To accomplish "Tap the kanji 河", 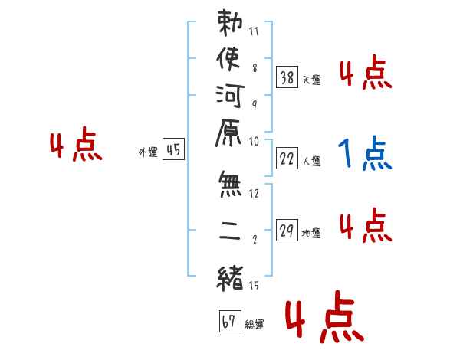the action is (x=230, y=96).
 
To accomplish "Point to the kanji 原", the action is (x=228, y=133).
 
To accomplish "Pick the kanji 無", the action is (x=230, y=185).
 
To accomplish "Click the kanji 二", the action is (x=229, y=231).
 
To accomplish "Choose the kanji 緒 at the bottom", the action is (x=230, y=279).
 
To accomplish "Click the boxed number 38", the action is (x=287, y=77).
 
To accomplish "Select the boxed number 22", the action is (x=287, y=159).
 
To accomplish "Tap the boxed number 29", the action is (x=287, y=230).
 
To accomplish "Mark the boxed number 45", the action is (x=173, y=149).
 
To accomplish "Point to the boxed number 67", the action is (x=230, y=321).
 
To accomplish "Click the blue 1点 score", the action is (x=365, y=153).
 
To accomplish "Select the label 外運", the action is (x=148, y=152).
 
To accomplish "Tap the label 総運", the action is (x=255, y=325).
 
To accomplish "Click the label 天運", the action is (x=312, y=80).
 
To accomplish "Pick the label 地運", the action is (x=311, y=234).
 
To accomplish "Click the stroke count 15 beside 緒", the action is (x=254, y=285).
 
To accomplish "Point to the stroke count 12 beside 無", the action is (x=254, y=194).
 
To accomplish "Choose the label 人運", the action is (x=312, y=162).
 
